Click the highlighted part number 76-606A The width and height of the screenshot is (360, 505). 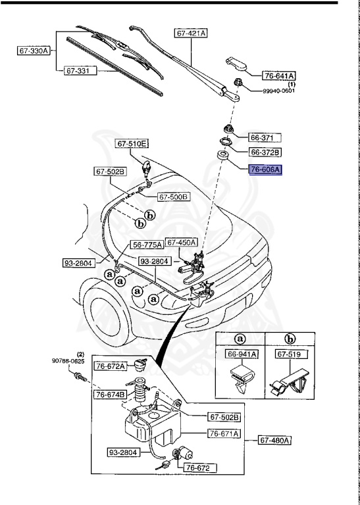coord(265,170)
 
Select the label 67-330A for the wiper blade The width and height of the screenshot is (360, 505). coord(34,50)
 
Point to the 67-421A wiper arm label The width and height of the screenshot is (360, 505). coord(191,32)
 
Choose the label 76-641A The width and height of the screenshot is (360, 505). coord(280,76)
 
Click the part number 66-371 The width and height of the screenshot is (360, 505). coord(265,137)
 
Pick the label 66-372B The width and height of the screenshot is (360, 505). coord(265,152)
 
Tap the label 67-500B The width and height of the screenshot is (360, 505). coord(174,197)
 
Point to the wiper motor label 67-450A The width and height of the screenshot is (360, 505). coord(182,242)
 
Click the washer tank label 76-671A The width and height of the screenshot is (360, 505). coord(224,433)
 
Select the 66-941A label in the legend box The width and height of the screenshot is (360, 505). coord(242,354)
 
